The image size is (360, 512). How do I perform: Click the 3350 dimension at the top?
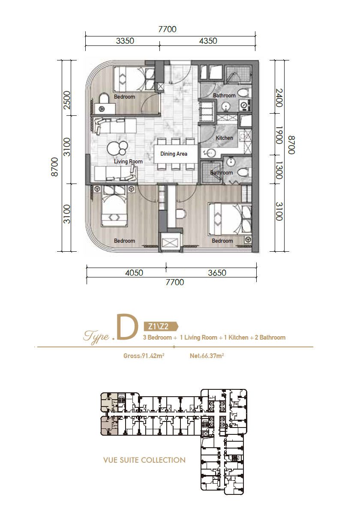pyautogui.click(x=125, y=41)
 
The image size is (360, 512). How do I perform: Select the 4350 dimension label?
pyautogui.click(x=208, y=41)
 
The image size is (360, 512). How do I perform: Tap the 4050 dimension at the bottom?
pyautogui.click(x=134, y=273)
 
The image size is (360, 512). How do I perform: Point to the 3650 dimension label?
pyautogui.click(x=217, y=273)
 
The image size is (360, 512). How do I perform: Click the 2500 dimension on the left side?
pyautogui.click(x=66, y=100)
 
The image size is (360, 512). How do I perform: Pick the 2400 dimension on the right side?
pyautogui.click(x=279, y=98)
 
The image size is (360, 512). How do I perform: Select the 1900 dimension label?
pyautogui.click(x=279, y=135)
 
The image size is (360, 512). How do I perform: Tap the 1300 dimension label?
pyautogui.click(x=279, y=170)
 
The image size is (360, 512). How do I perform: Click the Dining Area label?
pyautogui.click(x=174, y=154)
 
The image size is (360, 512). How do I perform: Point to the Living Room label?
pyautogui.click(x=128, y=162)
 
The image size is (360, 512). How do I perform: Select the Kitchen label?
pyautogui.click(x=224, y=138)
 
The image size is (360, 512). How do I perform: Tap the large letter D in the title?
pyautogui.click(x=126, y=327)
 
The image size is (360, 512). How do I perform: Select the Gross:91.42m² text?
pyautogui.click(x=144, y=356)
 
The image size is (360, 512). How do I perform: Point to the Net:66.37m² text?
pyautogui.click(x=207, y=356)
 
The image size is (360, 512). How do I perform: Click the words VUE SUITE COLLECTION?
pyautogui.click(x=144, y=460)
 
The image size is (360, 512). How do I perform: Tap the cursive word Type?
pyautogui.click(x=96, y=337)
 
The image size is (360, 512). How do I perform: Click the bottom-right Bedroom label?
pyautogui.click(x=222, y=241)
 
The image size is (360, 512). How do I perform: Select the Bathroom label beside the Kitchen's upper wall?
pyautogui.click(x=224, y=96)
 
